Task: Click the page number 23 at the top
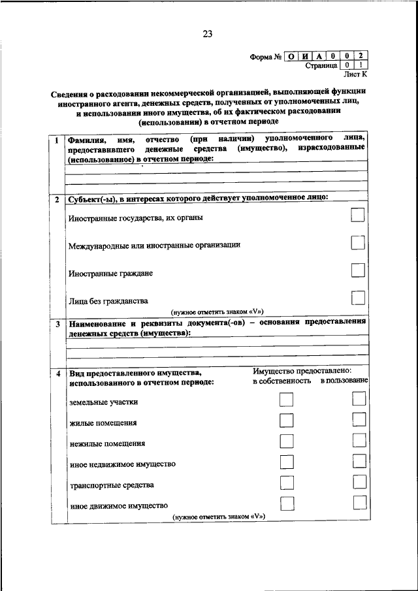208,34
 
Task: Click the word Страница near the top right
321,65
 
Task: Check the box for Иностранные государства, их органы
357,216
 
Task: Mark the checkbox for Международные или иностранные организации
357,243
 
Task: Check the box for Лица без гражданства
357,298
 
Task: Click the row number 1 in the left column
57,140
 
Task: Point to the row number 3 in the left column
57,324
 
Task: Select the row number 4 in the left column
57,373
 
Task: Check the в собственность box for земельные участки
286,400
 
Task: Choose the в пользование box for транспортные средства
359,483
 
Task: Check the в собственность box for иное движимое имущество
286,503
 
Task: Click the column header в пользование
344,380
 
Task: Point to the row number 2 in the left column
57,197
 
